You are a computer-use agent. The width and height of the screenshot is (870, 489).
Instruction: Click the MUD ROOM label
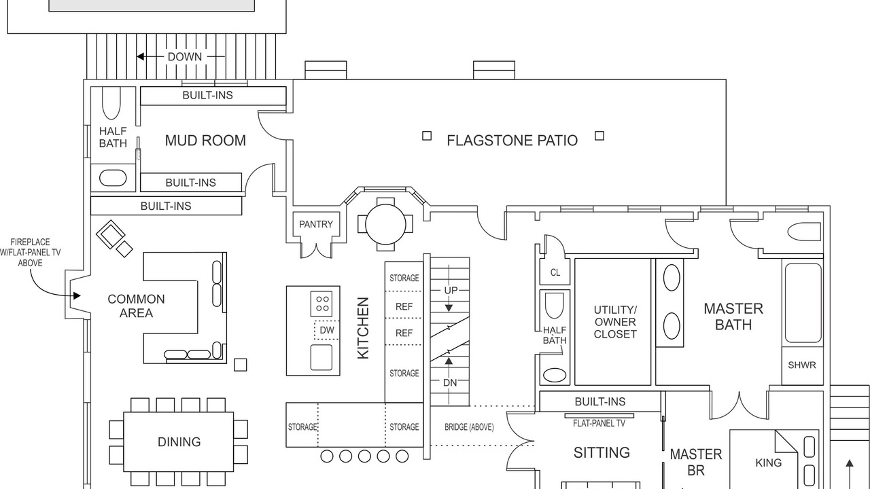tap(205, 141)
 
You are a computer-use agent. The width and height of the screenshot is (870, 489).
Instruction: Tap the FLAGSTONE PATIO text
tap(512, 141)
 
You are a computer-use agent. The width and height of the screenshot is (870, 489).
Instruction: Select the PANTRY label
tap(316, 224)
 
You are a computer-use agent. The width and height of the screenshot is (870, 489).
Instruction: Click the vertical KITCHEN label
tap(363, 328)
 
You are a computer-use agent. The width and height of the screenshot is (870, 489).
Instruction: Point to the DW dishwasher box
tap(327, 330)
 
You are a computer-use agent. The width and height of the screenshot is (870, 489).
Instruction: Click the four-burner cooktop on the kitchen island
tap(321, 304)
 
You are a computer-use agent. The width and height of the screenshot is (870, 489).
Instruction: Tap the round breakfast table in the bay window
tap(385, 224)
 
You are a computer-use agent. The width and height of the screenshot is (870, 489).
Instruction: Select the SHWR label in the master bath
tap(801, 365)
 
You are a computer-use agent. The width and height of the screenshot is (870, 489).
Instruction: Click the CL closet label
tap(555, 273)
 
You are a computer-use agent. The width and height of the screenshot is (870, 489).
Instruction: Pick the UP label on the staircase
tap(451, 290)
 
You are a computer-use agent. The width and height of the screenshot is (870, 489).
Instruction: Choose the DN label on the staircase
tap(450, 383)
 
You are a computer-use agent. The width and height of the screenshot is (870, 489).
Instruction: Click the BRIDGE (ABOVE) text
tap(469, 427)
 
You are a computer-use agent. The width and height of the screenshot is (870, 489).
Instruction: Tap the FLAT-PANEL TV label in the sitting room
tap(599, 423)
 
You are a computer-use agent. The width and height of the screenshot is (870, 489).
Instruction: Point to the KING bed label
tap(768, 463)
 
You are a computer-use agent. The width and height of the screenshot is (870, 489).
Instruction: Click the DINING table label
tap(179, 442)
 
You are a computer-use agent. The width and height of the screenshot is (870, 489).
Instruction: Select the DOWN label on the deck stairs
tap(184, 56)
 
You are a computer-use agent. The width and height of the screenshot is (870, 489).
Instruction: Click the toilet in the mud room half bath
tap(111, 103)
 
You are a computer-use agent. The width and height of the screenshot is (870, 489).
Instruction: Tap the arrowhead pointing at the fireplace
tap(77, 295)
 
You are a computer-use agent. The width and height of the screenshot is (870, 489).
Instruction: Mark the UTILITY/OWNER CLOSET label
tap(615, 322)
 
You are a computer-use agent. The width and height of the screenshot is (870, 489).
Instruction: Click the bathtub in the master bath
tap(803, 303)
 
